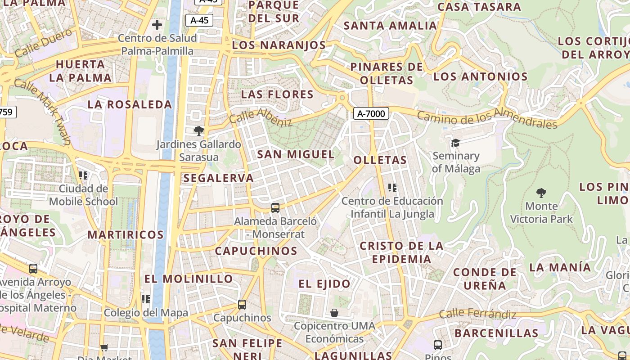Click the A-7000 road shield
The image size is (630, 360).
tap(371, 114)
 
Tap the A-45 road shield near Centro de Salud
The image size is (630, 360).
tap(199, 20)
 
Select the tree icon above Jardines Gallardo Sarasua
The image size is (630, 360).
tap(198, 131)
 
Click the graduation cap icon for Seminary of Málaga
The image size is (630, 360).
tap(456, 143)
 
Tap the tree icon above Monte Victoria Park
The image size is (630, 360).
tap(541, 193)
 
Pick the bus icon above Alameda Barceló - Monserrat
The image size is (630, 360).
tap(275, 208)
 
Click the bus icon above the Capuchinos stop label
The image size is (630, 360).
tap(242, 305)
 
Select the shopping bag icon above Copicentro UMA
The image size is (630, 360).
tap(334, 312)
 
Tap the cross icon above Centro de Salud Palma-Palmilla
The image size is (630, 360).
tap(157, 24)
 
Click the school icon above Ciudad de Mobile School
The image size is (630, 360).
tap(83, 175)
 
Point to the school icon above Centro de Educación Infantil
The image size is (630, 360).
tap(392, 188)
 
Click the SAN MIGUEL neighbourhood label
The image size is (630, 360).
tap(296, 154)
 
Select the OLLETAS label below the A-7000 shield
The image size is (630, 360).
tap(380, 160)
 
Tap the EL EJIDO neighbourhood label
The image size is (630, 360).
tap(324, 284)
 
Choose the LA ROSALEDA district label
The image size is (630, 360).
tap(130, 105)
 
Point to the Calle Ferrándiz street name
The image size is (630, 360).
tap(477, 314)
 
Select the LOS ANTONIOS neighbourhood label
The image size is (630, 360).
tap(480, 76)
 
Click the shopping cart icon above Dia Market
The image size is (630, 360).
tap(104, 347)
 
